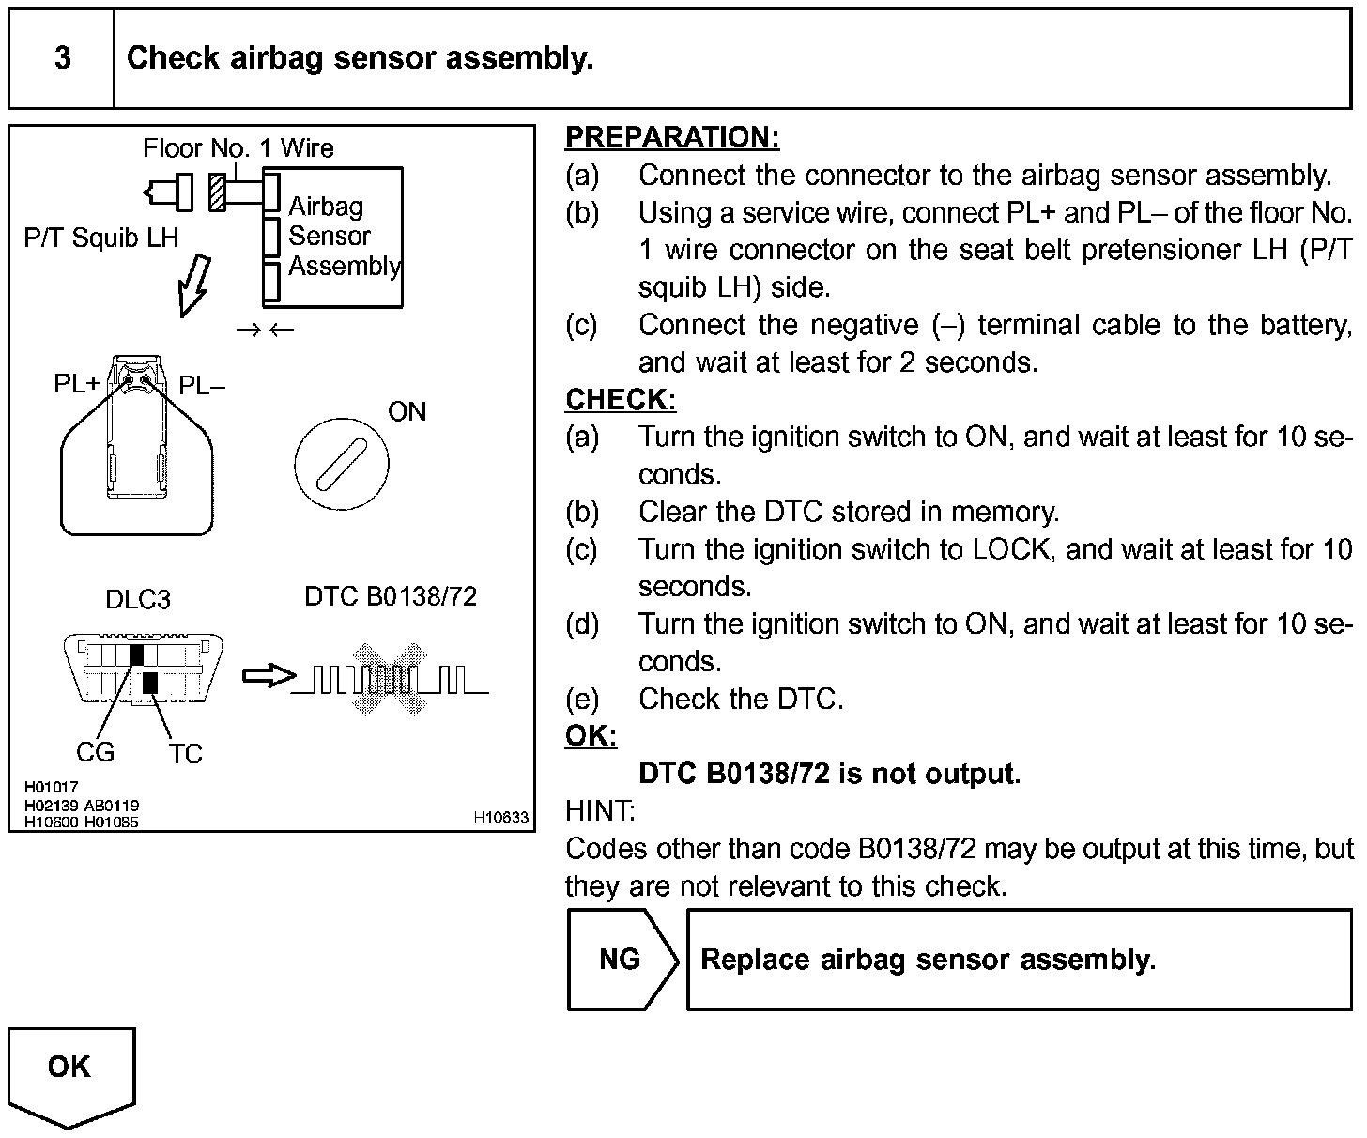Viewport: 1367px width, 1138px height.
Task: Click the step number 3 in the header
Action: point(62,58)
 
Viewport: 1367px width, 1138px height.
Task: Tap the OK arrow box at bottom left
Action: point(71,1070)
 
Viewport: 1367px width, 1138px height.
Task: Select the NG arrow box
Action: point(620,959)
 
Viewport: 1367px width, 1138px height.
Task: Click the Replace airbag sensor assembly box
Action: point(1019,959)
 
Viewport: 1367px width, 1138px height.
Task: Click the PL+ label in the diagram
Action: point(76,385)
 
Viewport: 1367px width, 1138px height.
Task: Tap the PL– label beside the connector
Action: point(201,385)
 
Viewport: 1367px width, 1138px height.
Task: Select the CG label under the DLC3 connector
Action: point(95,751)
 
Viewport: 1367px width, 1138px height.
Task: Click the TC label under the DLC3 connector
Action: point(186,754)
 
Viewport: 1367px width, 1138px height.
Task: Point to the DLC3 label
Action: point(138,599)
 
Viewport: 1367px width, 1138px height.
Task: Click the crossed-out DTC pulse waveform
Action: point(389,678)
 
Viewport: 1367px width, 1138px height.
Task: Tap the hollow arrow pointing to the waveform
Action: point(269,676)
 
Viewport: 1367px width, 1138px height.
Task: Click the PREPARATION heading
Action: point(672,138)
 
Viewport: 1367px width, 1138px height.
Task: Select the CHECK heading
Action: point(621,400)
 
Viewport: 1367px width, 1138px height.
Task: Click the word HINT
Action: point(600,810)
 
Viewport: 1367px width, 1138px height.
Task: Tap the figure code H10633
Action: point(500,818)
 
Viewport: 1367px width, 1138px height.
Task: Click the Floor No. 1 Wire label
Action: point(238,147)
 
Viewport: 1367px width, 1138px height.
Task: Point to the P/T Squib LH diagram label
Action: point(101,238)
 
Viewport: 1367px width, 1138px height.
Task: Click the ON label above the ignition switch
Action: point(407,411)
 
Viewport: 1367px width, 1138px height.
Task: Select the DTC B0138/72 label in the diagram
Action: point(391,596)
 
